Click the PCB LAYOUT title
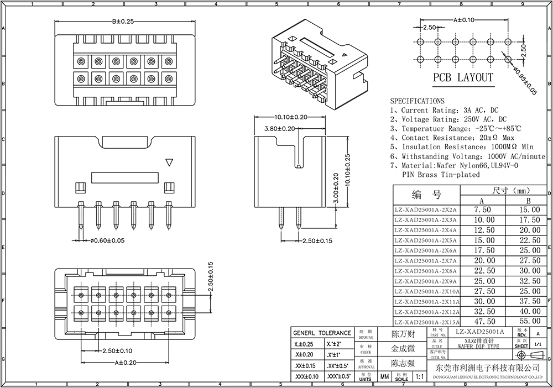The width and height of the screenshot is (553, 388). (463, 78)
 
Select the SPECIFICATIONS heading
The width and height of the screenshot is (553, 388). (417, 101)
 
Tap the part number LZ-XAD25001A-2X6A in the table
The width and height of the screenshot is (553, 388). (426, 250)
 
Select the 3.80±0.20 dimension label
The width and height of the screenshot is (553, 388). (280, 128)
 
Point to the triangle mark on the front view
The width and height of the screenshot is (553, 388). (169, 162)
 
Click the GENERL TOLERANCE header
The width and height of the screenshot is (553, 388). (322, 333)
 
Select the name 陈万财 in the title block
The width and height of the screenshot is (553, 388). (403, 334)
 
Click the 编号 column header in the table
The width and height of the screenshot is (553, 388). (426, 195)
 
